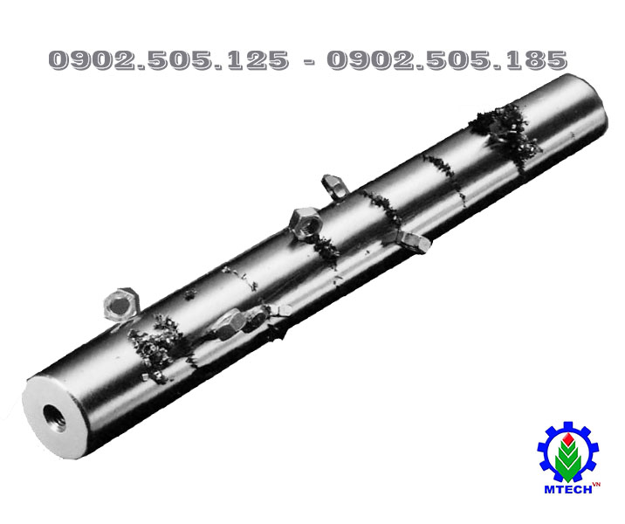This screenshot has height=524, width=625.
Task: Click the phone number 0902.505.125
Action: pos(168,59)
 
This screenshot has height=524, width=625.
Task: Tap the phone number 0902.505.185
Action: pos(447,59)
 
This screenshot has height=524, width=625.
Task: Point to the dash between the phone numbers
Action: pos(308,61)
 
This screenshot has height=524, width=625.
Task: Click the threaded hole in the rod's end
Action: pos(54,417)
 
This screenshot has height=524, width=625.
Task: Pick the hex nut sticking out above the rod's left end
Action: pos(120,303)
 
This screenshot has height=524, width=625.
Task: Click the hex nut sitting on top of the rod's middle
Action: pos(306,224)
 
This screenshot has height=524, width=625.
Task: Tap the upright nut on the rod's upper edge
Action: pos(334,185)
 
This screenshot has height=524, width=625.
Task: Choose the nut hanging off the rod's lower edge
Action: pos(414,241)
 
